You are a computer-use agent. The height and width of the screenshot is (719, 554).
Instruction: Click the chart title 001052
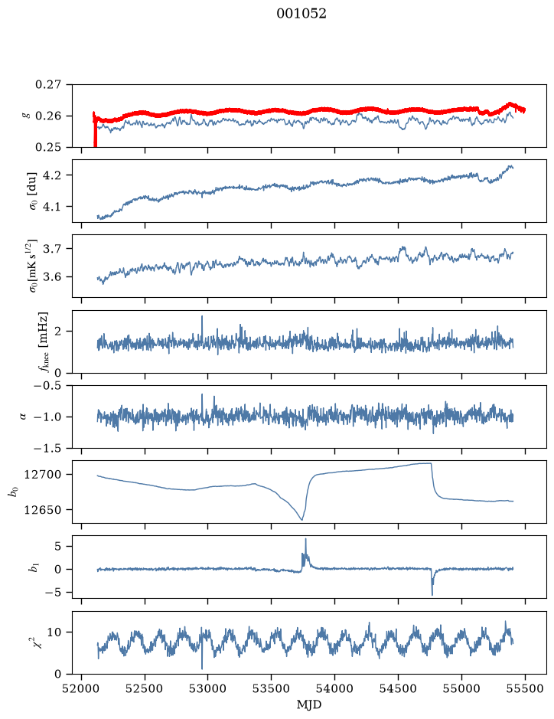(x=301, y=14)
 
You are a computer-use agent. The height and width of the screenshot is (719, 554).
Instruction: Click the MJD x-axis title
(x=309, y=704)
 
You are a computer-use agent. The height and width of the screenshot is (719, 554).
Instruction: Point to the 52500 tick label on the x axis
(x=145, y=689)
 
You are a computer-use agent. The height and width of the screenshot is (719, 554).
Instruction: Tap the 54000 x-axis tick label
(x=334, y=689)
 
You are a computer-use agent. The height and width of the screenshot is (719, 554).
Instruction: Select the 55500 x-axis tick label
(x=525, y=689)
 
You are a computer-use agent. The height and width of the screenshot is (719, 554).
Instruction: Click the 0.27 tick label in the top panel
(x=48, y=85)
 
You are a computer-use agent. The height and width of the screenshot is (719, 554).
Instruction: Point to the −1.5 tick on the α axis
(x=47, y=448)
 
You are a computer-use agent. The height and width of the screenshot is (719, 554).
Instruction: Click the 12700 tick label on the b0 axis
(x=42, y=474)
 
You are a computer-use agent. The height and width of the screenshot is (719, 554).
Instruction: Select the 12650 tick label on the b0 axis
(x=42, y=509)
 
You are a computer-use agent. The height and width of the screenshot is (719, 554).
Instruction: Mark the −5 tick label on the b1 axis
(x=54, y=593)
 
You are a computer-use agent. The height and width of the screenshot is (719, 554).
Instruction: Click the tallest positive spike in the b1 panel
(x=305, y=539)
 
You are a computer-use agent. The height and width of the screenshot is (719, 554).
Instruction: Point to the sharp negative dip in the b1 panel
(x=432, y=595)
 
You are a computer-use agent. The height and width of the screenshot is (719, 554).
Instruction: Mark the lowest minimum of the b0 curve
(x=301, y=519)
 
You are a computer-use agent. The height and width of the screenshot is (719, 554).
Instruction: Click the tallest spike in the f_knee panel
(x=201, y=316)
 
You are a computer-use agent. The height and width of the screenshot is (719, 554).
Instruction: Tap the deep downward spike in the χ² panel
(x=201, y=668)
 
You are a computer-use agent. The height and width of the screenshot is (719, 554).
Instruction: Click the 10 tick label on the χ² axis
(x=55, y=632)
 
